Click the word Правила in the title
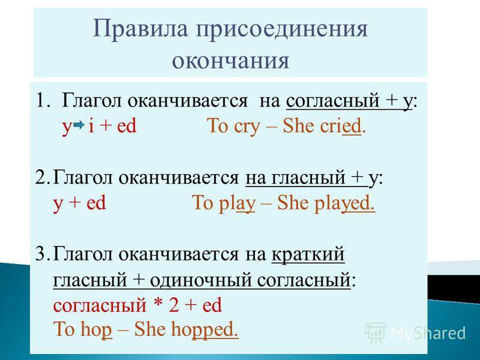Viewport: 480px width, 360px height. pos(140,29)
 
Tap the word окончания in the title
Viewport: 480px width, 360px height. pos(230,61)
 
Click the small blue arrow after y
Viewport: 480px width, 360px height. pos(79,125)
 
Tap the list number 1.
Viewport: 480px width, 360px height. pos(41,100)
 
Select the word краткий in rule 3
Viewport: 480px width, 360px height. pos(308,254)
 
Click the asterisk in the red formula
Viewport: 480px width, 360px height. pos(158,304)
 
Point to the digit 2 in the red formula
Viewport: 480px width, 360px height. pos(173,305)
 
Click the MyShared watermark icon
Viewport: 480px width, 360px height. pos(376,332)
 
